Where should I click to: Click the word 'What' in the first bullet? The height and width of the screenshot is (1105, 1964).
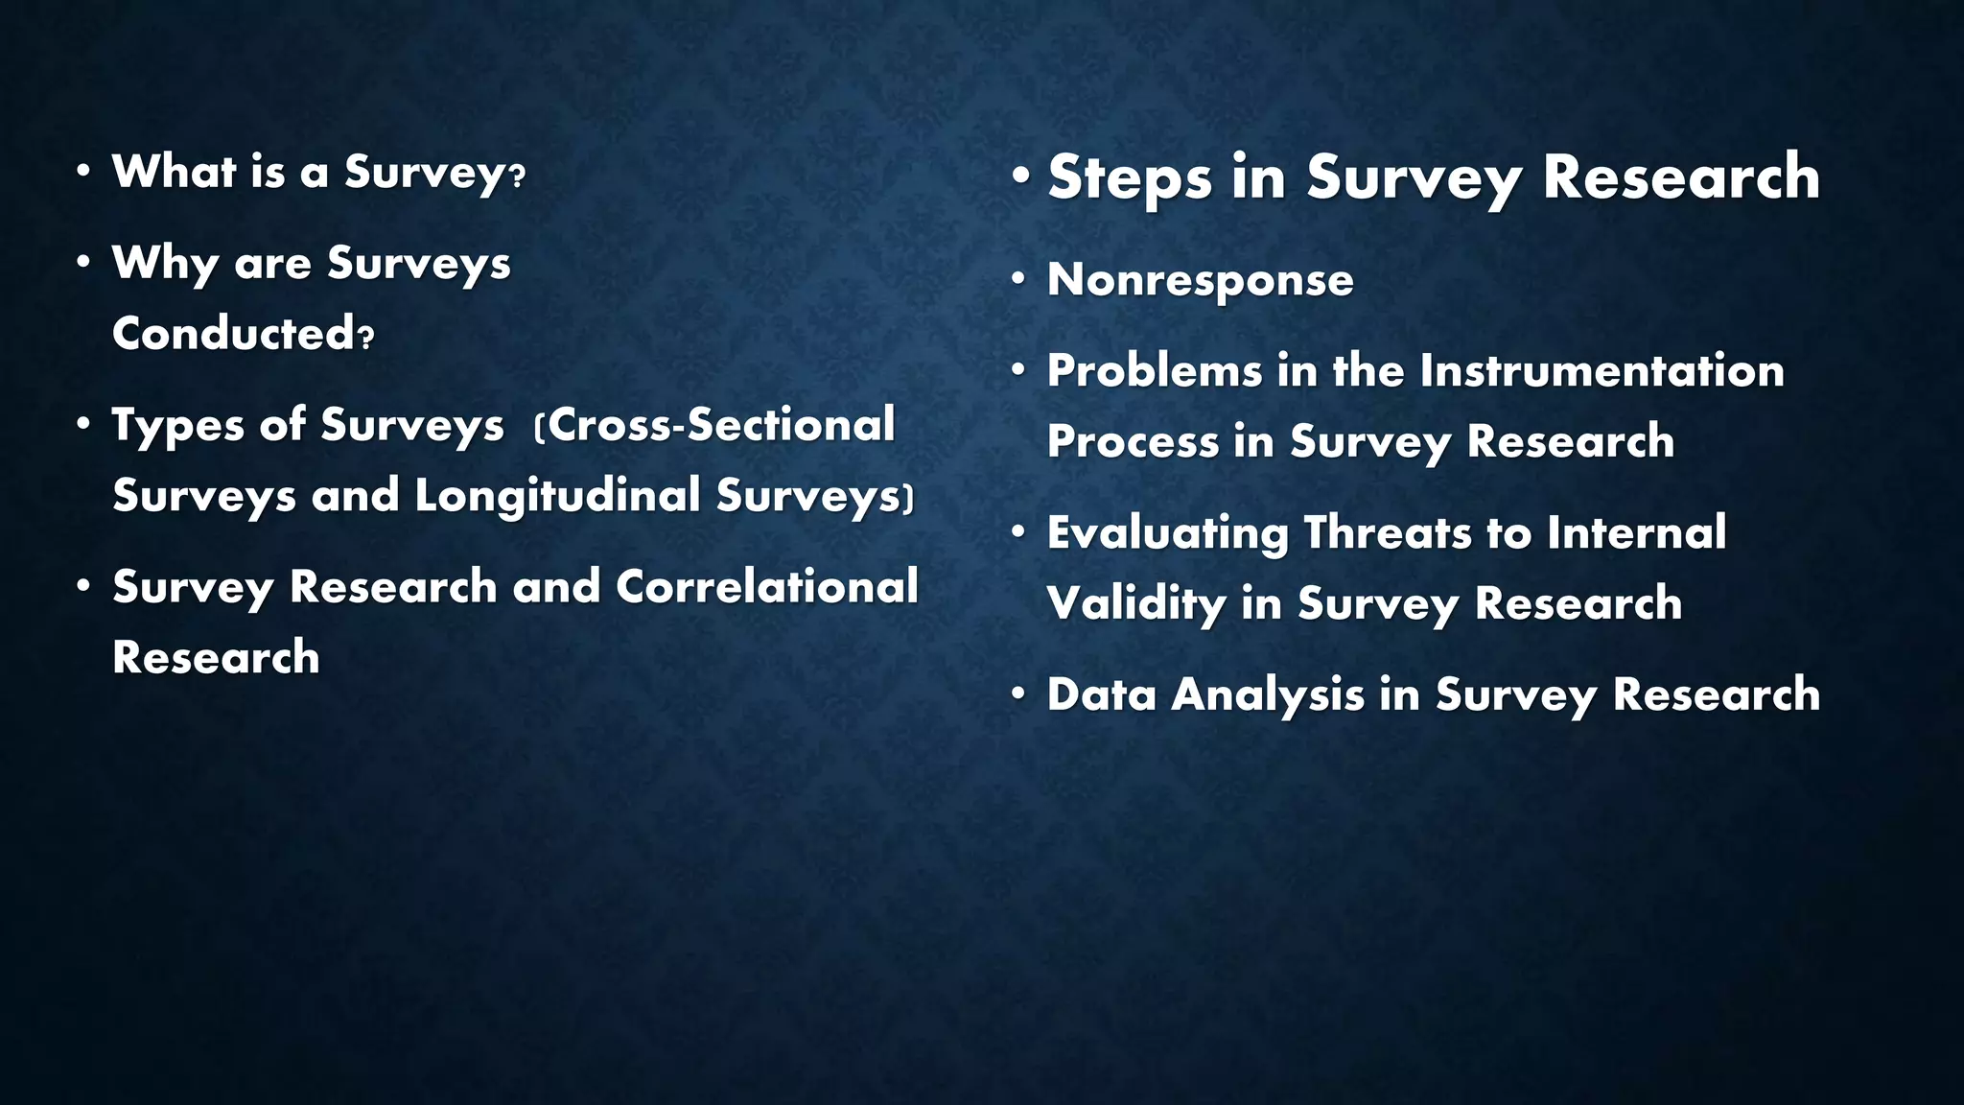pyautogui.click(x=174, y=172)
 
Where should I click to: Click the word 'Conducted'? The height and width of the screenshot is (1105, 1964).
pyautogui.click(x=234, y=334)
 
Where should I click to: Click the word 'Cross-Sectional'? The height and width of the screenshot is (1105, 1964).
pyautogui.click(x=720, y=425)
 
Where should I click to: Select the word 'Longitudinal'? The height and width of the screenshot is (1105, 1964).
pyautogui.click(x=557, y=496)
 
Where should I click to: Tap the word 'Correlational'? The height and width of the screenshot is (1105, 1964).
pyautogui.click(x=766, y=587)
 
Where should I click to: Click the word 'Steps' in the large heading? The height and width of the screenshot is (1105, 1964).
pyautogui.click(x=1130, y=178)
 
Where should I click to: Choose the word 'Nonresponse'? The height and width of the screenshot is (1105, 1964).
pyautogui.click(x=1200, y=280)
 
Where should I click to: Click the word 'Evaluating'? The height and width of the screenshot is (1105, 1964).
pyautogui.click(x=1167, y=533)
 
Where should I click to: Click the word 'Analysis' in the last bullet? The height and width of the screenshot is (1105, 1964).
pyautogui.click(x=1267, y=694)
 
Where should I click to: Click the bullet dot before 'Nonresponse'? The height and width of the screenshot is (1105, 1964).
pyautogui.click(x=1018, y=279)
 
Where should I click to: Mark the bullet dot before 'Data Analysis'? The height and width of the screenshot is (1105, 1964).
pyautogui.click(x=1018, y=694)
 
